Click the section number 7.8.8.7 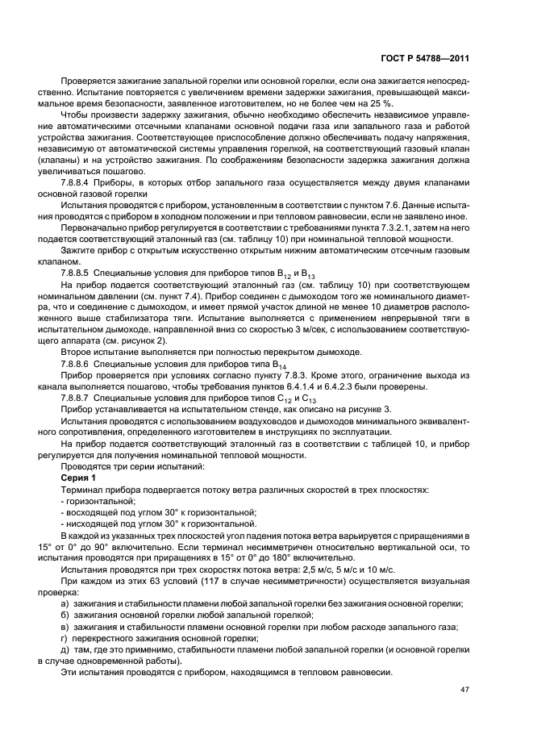tap(79, 398)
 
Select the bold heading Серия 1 tap(78, 478)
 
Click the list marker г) tap(65, 638)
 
